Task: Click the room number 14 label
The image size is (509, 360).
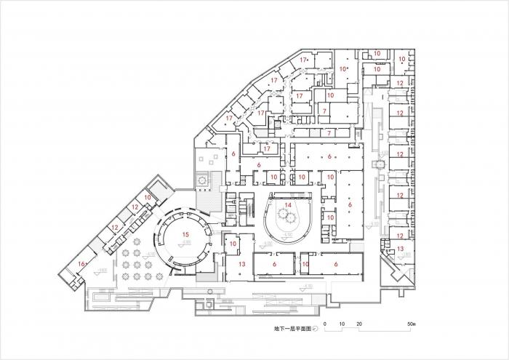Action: coord(289,207)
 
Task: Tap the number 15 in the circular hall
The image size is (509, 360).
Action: coord(185,235)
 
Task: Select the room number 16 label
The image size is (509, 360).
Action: coord(82,263)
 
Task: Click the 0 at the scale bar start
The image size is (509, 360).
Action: coord(326,322)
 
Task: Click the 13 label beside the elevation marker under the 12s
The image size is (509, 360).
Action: coord(401,249)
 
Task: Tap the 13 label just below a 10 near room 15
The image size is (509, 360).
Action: coord(242,263)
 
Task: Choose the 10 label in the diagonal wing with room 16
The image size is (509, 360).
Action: coord(148,197)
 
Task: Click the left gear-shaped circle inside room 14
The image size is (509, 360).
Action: coord(282,216)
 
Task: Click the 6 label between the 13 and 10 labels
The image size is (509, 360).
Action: coord(273,264)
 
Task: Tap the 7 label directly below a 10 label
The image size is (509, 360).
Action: coord(324,111)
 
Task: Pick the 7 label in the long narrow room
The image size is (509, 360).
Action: coord(329,133)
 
